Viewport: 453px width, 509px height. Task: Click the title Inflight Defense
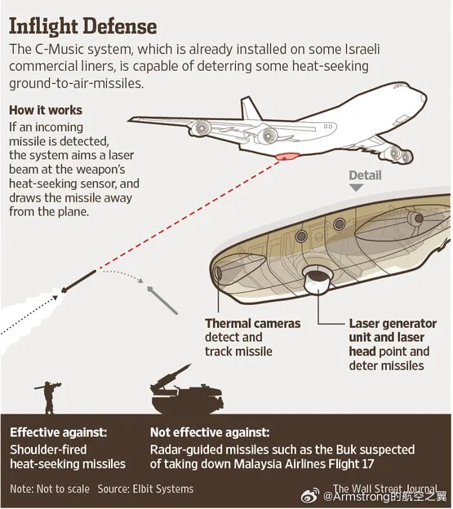pyautogui.click(x=83, y=26)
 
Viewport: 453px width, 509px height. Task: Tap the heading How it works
pyautogui.click(x=46, y=110)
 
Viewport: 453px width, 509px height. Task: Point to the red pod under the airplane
pyautogui.click(x=286, y=157)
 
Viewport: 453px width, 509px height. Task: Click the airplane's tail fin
pyautogui.click(x=250, y=108)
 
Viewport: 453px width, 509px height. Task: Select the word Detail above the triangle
pyautogui.click(x=365, y=175)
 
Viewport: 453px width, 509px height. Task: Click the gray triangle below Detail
pyautogui.click(x=356, y=188)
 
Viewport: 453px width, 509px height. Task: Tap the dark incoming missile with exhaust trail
pyautogui.click(x=79, y=281)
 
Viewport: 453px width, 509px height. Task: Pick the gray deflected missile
pyautogui.click(x=162, y=300)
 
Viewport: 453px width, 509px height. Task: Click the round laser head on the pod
pyautogui.click(x=319, y=279)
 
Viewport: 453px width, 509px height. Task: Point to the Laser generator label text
pyautogui.click(x=393, y=344)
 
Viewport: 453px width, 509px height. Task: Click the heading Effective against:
pyautogui.click(x=59, y=432)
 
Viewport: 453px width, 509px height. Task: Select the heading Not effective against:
pyautogui.click(x=210, y=432)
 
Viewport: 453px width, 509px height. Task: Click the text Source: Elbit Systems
pyautogui.click(x=145, y=489)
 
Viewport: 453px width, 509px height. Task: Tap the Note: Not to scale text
pyautogui.click(x=50, y=489)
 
